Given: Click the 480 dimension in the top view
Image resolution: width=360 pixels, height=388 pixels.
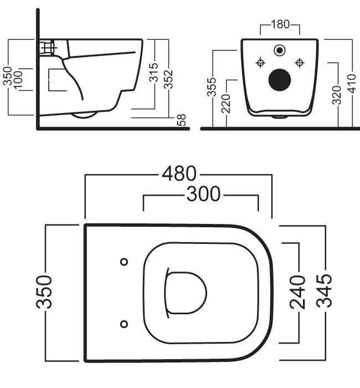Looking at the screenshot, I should (178, 174).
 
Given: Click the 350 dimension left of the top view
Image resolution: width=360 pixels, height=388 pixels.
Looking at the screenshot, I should (45, 293).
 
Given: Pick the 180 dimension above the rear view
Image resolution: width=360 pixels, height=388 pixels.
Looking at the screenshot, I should (280, 25).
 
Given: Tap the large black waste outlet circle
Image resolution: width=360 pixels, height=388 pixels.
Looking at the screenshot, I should (279, 79).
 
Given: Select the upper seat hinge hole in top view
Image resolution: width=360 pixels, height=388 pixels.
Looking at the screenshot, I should (124, 262).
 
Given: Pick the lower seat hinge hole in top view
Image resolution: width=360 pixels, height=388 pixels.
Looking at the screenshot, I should (124, 323).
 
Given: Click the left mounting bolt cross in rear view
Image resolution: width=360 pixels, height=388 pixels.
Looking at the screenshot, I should (259, 62).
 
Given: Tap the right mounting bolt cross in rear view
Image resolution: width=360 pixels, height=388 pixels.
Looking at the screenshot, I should (300, 62).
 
